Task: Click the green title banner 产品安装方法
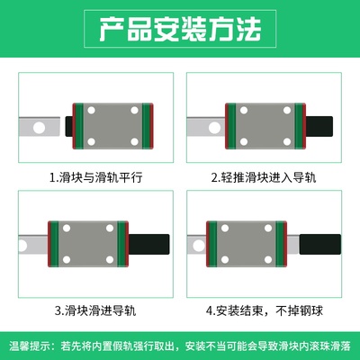180,32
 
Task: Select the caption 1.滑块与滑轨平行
96,177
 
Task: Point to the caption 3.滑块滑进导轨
96,312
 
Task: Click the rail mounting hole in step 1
40,127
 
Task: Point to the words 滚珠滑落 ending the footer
336,346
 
